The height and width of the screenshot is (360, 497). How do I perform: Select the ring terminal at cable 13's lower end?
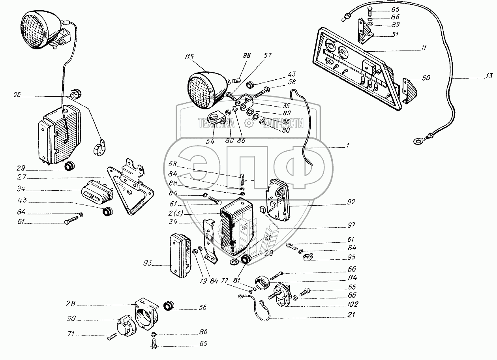coord(417,139)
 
